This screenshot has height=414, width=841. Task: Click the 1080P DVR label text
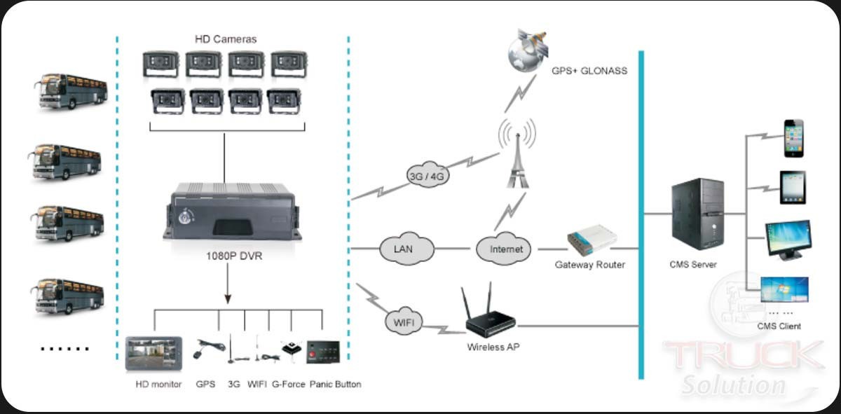(234, 256)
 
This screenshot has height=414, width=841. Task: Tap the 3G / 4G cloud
(428, 175)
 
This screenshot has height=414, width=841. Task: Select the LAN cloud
(406, 249)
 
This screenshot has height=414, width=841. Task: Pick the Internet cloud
(503, 249)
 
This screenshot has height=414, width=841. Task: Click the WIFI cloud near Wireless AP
(404, 322)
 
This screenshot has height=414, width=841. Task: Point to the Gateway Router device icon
(592, 240)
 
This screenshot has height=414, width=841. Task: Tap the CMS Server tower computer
(697, 214)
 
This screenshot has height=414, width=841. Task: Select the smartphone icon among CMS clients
(793, 138)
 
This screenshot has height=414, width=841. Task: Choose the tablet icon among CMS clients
(793, 187)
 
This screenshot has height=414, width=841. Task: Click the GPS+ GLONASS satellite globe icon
(527, 50)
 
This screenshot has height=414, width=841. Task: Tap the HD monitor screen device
(153, 354)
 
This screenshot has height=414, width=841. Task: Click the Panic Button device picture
(323, 352)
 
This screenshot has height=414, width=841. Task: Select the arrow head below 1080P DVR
(228, 299)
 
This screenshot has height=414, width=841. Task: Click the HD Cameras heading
(226, 39)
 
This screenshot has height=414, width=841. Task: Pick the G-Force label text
(288, 385)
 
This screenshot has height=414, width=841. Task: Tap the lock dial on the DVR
(186, 217)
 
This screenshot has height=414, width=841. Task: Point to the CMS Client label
(779, 326)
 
